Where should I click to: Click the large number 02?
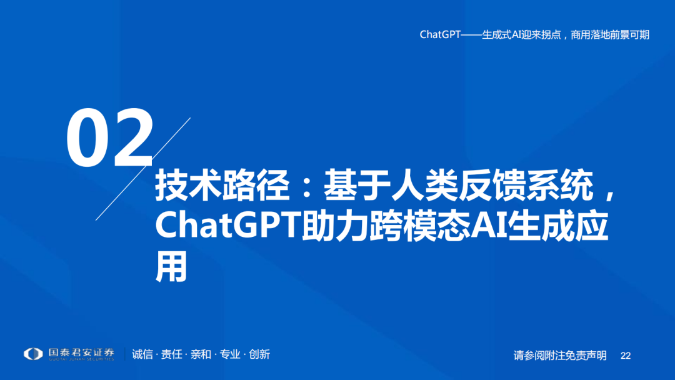tap(110, 138)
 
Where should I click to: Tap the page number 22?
tap(626, 356)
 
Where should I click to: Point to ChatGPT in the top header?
tap(440, 35)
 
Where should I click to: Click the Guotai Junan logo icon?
tap(33, 354)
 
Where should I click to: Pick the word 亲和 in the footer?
tap(201, 354)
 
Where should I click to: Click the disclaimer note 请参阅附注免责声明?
tap(560, 356)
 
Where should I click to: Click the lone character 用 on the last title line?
tap(171, 267)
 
